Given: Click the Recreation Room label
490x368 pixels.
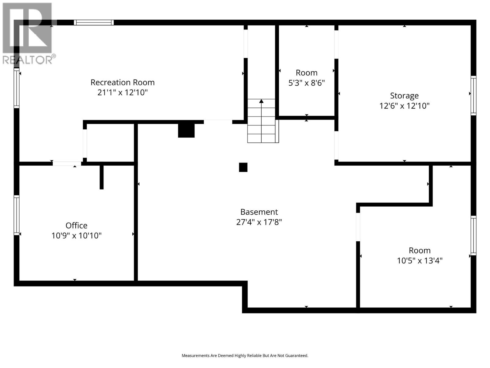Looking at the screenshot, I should click(123, 82).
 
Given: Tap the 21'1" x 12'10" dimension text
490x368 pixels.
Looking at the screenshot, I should click(123, 92).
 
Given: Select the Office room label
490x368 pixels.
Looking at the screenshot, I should click(76, 225).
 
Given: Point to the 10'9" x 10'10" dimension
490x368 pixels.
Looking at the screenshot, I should click(76, 236).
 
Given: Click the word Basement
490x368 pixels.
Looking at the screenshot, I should click(259, 212).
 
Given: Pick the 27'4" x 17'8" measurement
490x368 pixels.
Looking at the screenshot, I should click(259, 222).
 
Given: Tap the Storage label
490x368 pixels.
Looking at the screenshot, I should click(404, 96).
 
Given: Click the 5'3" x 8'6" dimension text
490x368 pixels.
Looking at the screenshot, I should click(307, 83).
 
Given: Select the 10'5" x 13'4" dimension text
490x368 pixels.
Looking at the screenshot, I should click(420, 261).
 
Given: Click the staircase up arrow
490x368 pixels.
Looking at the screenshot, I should click(261, 102).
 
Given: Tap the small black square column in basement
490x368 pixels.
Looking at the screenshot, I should click(243, 167).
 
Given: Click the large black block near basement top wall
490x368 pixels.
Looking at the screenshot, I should click(186, 131).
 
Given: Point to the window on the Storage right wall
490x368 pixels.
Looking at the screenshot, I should click(473, 95).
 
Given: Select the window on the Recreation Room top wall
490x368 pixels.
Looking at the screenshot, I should click(94, 22).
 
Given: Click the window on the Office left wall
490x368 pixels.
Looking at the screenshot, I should click(17, 215).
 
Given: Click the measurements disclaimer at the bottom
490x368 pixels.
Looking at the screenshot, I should click(245, 356).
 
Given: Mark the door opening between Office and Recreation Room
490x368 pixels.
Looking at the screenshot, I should click(67, 163).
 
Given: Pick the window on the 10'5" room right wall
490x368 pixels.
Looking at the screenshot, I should click(473, 236).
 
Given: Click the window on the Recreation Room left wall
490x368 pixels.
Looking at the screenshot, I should click(17, 88).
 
